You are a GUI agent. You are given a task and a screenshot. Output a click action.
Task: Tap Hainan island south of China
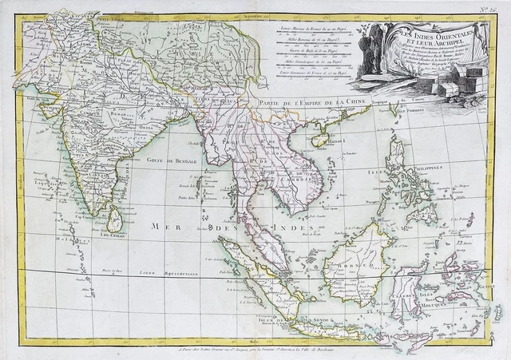(323, 140)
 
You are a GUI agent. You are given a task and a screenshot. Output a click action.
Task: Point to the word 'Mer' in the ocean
(164, 227)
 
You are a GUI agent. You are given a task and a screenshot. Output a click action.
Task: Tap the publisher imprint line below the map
(255, 349)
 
